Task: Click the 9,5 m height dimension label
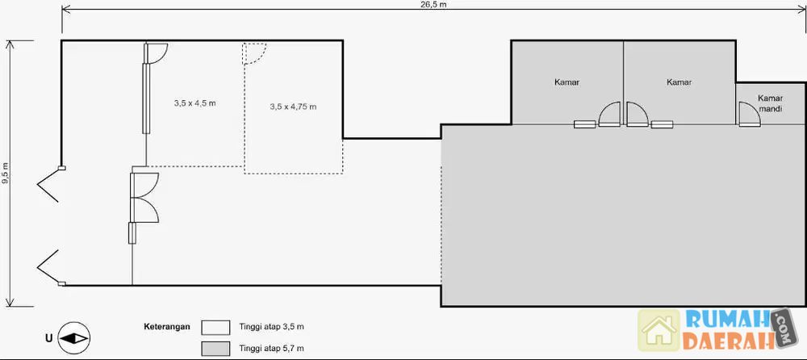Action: click(x=5, y=173)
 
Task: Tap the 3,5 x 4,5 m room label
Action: click(x=194, y=103)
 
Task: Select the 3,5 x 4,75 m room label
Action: click(x=293, y=107)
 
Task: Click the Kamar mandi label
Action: click(x=771, y=103)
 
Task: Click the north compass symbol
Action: click(x=73, y=338)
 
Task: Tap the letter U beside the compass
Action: click(x=48, y=338)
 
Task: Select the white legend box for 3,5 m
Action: click(x=215, y=328)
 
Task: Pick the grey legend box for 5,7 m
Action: click(x=215, y=348)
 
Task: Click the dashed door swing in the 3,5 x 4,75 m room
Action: click(x=254, y=53)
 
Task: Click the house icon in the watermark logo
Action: click(x=659, y=330)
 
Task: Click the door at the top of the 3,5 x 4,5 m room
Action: click(x=156, y=52)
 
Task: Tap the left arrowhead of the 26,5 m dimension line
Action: click(x=65, y=9)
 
